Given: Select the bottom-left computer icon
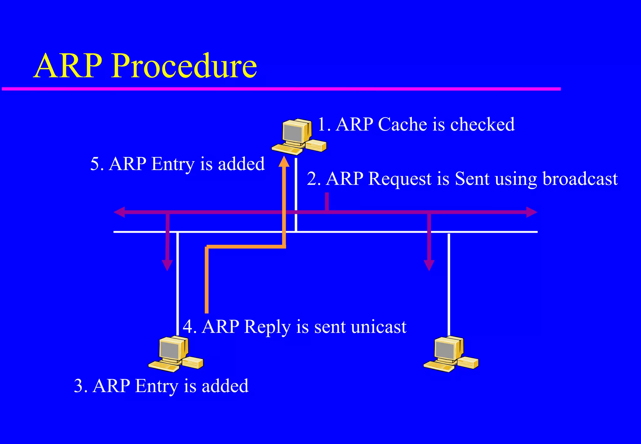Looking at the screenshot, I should (x=175, y=354).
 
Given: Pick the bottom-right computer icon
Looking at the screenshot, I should (x=451, y=354).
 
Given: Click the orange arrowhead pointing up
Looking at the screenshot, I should (x=284, y=162).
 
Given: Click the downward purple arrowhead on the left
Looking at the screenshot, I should (x=167, y=265).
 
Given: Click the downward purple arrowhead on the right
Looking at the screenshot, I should (x=429, y=265).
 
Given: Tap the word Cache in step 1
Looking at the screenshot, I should (x=403, y=124).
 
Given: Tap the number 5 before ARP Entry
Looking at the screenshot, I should (x=95, y=164).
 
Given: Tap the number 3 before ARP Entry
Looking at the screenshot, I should (x=79, y=386).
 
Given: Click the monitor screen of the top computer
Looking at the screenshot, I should (x=293, y=133).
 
